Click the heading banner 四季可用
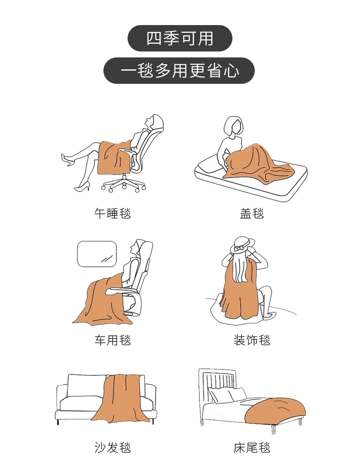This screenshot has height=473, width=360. [x=180, y=38]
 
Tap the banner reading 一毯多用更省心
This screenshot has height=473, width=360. [x=179, y=71]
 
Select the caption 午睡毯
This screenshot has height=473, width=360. [x=113, y=213]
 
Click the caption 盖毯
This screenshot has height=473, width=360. [x=252, y=213]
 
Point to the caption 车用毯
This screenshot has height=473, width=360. [x=113, y=340]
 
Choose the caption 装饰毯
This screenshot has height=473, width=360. [x=252, y=340]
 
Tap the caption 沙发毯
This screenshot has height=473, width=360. [x=113, y=447]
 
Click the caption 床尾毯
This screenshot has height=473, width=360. [x=252, y=447]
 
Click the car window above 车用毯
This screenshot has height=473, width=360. [x=97, y=254]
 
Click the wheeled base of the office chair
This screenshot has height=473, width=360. [x=123, y=184]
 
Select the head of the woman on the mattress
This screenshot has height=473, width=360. [x=233, y=126]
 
